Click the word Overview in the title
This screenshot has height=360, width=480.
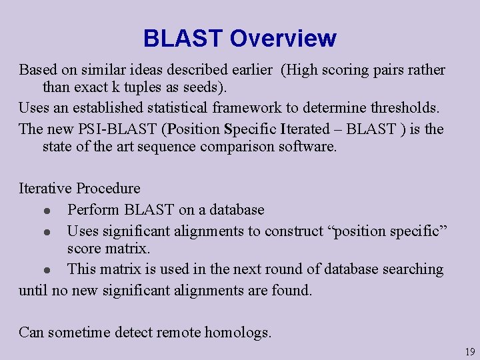point(283,39)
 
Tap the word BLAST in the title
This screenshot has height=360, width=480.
point(183,39)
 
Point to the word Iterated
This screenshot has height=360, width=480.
point(306,129)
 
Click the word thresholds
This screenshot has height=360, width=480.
point(408,107)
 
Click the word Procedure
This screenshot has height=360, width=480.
point(108,189)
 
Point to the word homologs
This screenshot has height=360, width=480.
point(239,332)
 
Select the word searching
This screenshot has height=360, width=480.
point(412,269)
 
